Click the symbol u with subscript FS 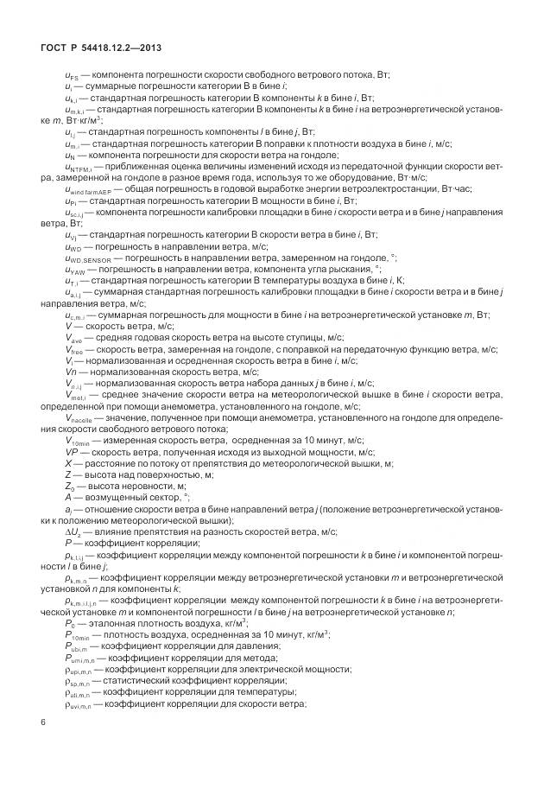(x=72, y=76)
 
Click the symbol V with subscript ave (x=73, y=340)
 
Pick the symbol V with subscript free (x=73, y=350)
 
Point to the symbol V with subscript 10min (x=78, y=440)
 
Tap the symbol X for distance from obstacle (x=67, y=463)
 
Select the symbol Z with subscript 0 (x=69, y=487)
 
